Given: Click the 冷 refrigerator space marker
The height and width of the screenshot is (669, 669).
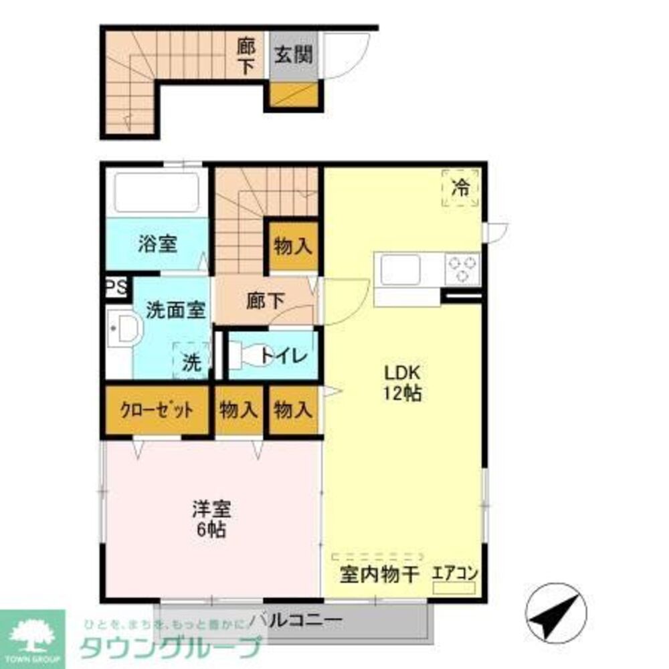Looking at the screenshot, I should click(460, 188).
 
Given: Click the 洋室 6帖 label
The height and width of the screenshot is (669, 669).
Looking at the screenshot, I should click(212, 518).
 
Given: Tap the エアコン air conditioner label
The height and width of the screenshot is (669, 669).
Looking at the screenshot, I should click(455, 573).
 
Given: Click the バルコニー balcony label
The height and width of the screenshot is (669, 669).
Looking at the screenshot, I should click(294, 620).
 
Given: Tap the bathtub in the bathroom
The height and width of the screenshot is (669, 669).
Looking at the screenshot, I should click(158, 193).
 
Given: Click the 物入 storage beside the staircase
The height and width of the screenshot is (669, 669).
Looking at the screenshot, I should click(293, 246).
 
